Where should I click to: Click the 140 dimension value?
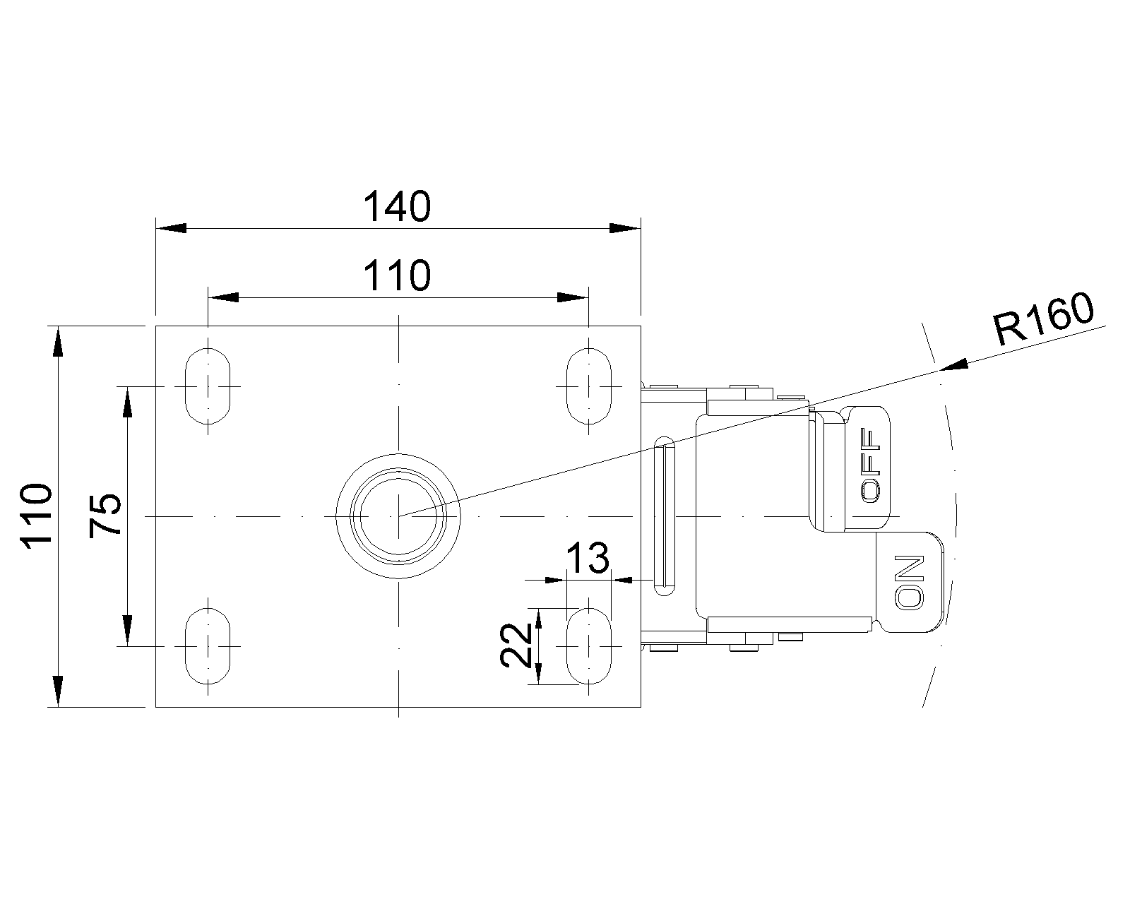pyautogui.click(x=397, y=206)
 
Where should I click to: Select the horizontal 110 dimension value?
pyautogui.click(x=397, y=275)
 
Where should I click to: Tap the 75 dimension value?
pyautogui.click(x=105, y=516)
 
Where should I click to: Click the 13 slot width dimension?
pyautogui.click(x=588, y=557)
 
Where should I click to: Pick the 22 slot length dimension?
pyautogui.click(x=516, y=645)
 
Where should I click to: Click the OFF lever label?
pyautogui.click(x=870, y=465)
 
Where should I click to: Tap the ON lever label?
pyautogui.click(x=909, y=583)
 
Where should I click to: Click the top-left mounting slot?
pyautogui.click(x=208, y=386)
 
